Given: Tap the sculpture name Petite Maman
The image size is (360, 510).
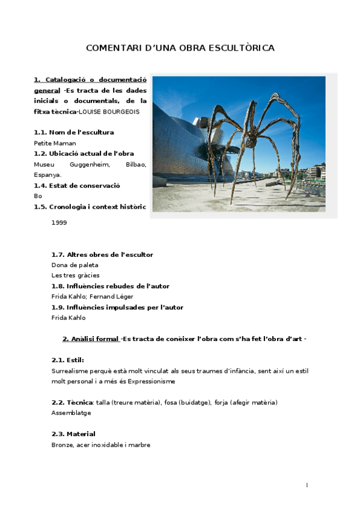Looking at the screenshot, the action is click(x=55, y=143).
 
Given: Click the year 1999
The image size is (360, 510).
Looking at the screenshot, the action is click(x=59, y=223).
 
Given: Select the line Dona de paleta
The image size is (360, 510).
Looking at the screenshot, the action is click(x=75, y=265).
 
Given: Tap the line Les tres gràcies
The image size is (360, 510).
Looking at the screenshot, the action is click(x=75, y=275).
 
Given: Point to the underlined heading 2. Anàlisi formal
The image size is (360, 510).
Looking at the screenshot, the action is click(x=91, y=339).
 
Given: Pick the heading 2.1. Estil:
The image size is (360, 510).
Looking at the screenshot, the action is click(x=67, y=360).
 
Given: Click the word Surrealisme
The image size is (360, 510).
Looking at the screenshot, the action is click(x=72, y=371).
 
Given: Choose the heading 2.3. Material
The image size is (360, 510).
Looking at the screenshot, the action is click(x=73, y=434).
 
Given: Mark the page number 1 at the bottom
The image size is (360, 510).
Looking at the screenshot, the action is click(x=307, y=485).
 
